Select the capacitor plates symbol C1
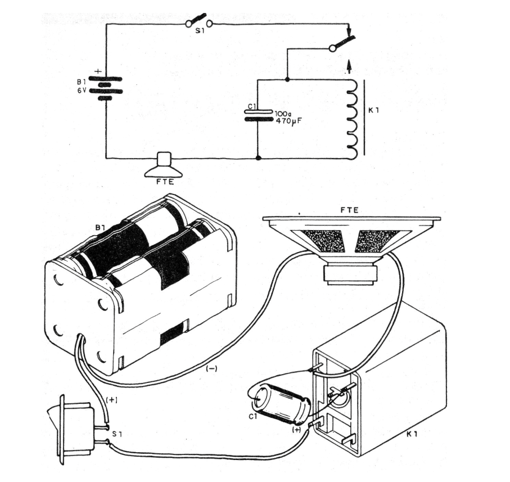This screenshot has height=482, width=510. tap(258, 115)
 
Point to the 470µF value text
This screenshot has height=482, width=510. tap(285, 120)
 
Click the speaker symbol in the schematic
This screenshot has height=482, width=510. tap(164, 164)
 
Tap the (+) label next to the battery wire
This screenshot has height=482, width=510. tap(112, 399)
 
